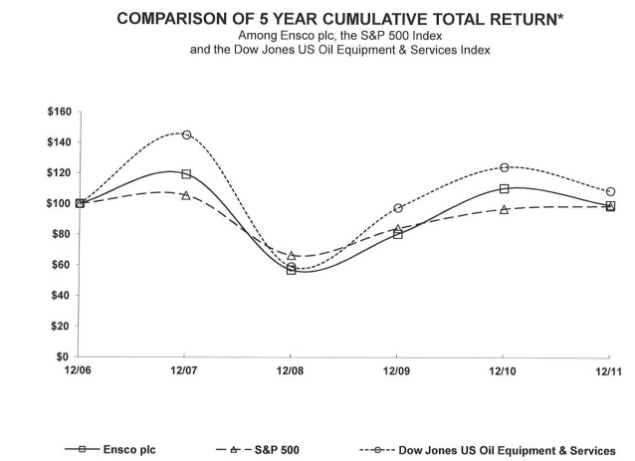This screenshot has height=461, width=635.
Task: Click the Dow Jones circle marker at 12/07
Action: [186, 134]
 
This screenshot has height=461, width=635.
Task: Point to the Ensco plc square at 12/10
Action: [505, 188]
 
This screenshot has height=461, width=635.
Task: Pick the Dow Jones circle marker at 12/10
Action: [505, 167]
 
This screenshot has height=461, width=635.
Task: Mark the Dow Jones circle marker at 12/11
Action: [610, 191]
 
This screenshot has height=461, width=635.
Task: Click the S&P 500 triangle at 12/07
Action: [186, 195]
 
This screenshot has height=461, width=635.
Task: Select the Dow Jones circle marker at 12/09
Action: [397, 208]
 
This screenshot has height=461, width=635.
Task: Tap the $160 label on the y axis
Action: [59, 112]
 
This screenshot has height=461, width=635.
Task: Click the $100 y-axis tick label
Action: [59, 203]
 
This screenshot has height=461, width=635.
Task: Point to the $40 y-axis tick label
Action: [62, 295]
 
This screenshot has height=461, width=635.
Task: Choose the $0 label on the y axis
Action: [65, 356]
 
